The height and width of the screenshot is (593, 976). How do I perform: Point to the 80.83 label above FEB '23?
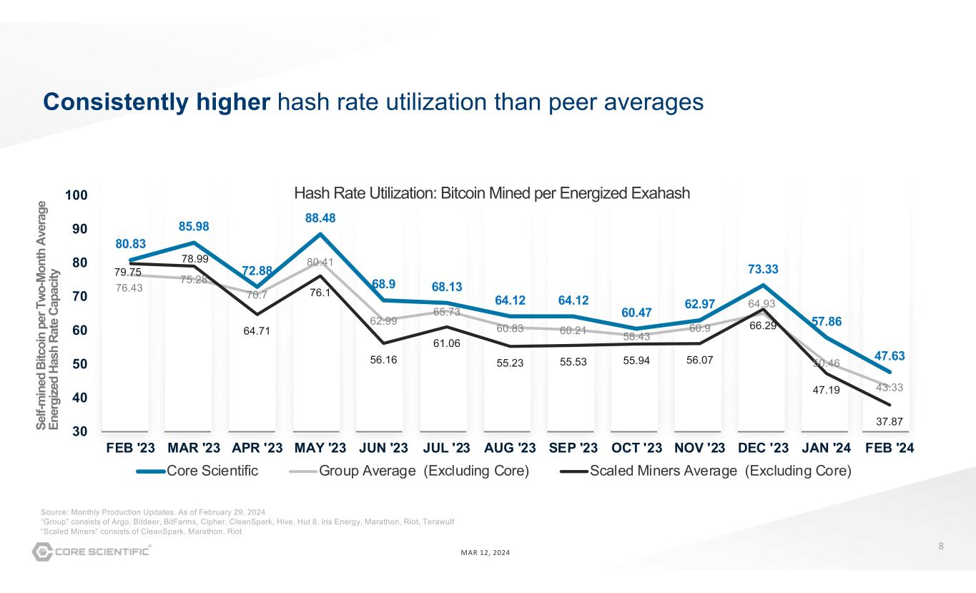[x=130, y=244]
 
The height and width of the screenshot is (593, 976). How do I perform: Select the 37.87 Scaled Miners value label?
[x=889, y=422]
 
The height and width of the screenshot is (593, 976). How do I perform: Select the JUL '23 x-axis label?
[x=446, y=449]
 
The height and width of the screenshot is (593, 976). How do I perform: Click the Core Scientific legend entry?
[x=197, y=471]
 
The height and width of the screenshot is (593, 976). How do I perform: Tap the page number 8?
[x=941, y=547]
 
